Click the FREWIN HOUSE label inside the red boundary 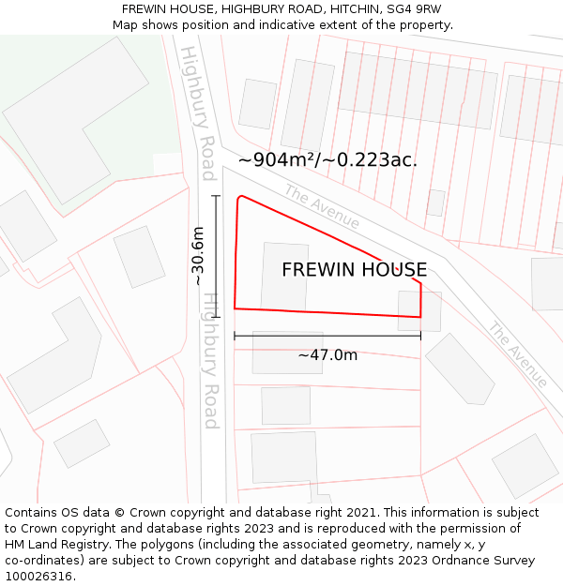click(x=354, y=270)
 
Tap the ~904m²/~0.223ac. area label click(x=327, y=160)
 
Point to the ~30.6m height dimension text click(x=199, y=256)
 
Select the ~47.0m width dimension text click(x=327, y=355)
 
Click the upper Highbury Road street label click(x=199, y=112)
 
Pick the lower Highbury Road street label click(x=212, y=360)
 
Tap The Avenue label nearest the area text click(x=322, y=206)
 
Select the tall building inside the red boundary click(x=284, y=276)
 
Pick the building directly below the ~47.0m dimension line click(x=287, y=353)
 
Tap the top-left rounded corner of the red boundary click(x=240, y=198)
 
